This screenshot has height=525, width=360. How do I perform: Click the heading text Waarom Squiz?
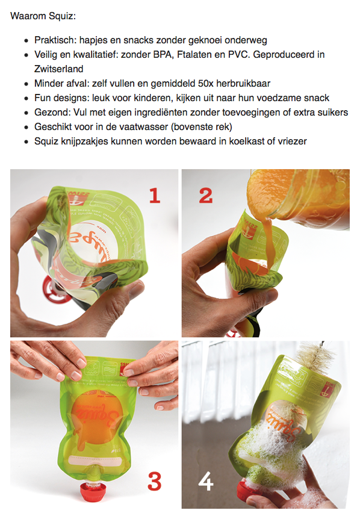[43, 16]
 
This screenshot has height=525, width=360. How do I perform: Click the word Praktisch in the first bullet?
[55, 40]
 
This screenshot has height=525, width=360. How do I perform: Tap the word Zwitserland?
[58, 69]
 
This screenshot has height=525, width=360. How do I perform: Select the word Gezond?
[51, 112]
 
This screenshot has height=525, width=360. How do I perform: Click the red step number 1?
[155, 196]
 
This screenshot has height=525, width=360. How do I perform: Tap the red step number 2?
[206, 196]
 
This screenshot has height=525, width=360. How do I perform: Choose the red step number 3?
[155, 481]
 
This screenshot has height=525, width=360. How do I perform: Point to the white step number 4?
[206, 481]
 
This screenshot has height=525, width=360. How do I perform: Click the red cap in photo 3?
[93, 492]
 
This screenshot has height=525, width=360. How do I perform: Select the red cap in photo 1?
[52, 288]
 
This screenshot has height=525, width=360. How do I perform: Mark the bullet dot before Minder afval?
[26, 84]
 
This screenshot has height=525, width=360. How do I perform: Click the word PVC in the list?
[239, 55]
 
